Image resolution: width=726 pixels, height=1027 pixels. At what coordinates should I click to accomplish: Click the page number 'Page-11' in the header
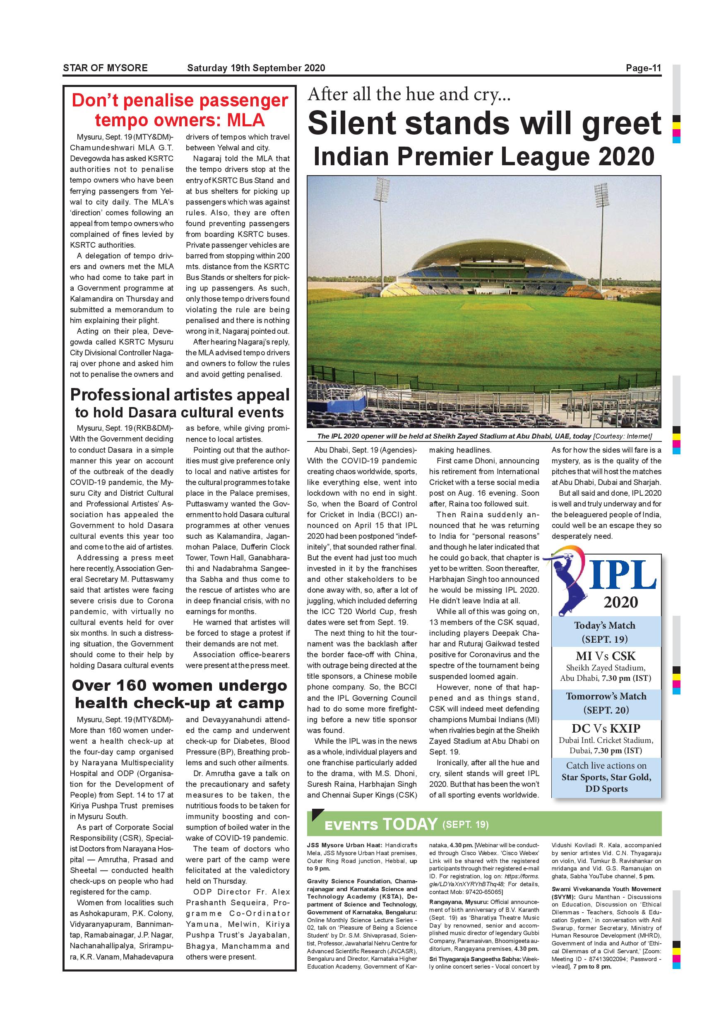coord(643,68)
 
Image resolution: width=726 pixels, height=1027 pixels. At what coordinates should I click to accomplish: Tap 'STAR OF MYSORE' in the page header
coord(105,68)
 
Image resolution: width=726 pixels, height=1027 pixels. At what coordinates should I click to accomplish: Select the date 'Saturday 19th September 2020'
coord(256,68)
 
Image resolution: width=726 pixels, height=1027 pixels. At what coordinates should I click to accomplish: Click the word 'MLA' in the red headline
coord(245,121)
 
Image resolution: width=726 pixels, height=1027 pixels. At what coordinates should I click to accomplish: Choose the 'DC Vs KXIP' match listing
coord(606,728)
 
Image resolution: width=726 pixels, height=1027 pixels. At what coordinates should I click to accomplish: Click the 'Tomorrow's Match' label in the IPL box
coord(606,697)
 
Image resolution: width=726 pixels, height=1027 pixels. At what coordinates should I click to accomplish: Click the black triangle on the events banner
coord(317,815)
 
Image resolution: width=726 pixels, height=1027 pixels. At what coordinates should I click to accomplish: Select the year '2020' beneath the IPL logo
coord(620,602)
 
